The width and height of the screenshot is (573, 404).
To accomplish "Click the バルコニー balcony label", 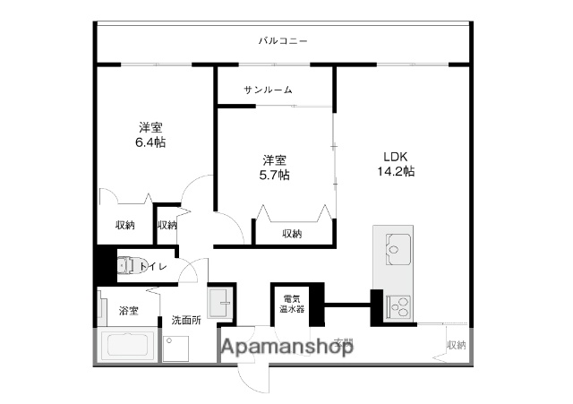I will (282, 41).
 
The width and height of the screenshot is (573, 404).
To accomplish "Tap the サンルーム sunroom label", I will (268, 90).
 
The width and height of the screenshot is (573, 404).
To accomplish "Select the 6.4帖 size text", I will (150, 142).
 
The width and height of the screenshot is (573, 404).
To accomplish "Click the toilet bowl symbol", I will (126, 265).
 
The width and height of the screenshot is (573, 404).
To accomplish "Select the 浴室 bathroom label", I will (128, 311).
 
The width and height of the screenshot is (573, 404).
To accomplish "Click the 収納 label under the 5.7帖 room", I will (292, 233).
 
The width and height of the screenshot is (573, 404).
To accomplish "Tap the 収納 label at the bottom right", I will (457, 345).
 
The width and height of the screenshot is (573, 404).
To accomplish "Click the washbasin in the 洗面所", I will (219, 303).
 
